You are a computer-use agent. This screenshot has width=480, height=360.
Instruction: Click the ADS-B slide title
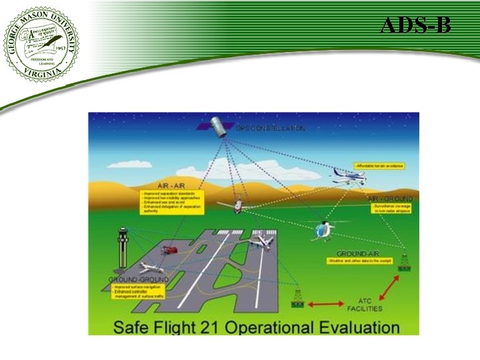point(416,26)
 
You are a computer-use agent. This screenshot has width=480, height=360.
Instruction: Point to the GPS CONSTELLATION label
point(271,127)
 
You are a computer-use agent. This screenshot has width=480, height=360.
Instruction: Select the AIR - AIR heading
point(171,185)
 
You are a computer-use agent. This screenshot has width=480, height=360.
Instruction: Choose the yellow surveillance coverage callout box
point(392,209)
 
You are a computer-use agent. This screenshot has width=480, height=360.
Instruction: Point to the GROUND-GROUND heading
point(139,279)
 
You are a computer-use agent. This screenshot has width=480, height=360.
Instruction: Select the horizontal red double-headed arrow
point(325,305)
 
